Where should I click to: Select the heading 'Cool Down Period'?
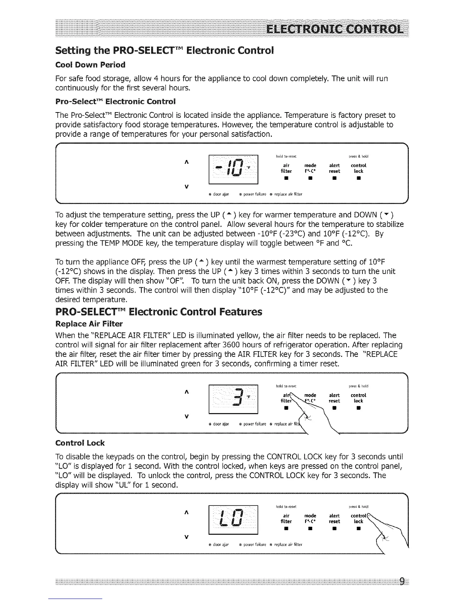click(x=90, y=65)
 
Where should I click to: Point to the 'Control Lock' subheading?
click(x=80, y=443)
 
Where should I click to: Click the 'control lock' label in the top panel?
click(x=358, y=168)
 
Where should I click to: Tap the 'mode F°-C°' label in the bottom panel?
click(x=310, y=519)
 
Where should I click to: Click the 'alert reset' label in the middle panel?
click(x=334, y=398)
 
